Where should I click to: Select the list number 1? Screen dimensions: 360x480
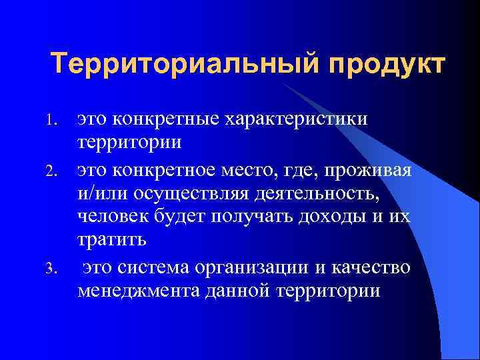[57, 120]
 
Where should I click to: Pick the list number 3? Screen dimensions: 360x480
[57, 269]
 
